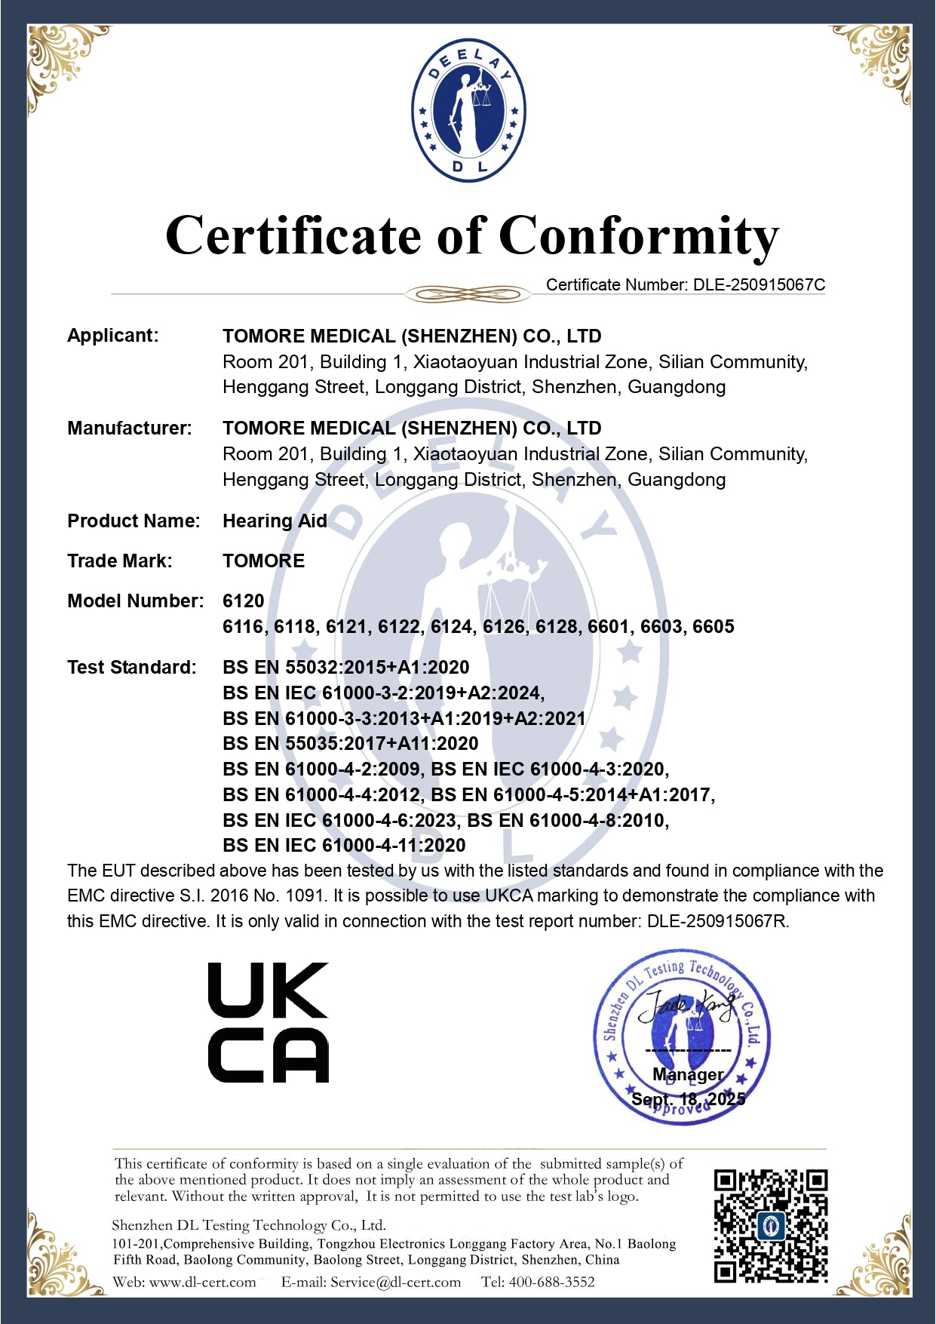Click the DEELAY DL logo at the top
(x=468, y=110)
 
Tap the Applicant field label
(x=113, y=336)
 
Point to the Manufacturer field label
(x=130, y=429)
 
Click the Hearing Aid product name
(x=275, y=521)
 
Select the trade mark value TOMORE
(x=263, y=561)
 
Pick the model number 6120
(x=243, y=601)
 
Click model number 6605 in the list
(x=713, y=627)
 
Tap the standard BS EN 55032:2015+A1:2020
(x=345, y=668)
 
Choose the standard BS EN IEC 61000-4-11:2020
(x=344, y=846)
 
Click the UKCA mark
(x=268, y=1022)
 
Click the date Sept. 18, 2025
(x=688, y=1099)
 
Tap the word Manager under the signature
(x=688, y=1074)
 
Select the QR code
(x=770, y=1226)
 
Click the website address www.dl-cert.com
(x=202, y=1283)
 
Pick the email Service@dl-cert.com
(x=395, y=1283)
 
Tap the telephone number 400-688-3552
(x=551, y=1283)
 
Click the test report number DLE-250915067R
(x=717, y=922)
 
